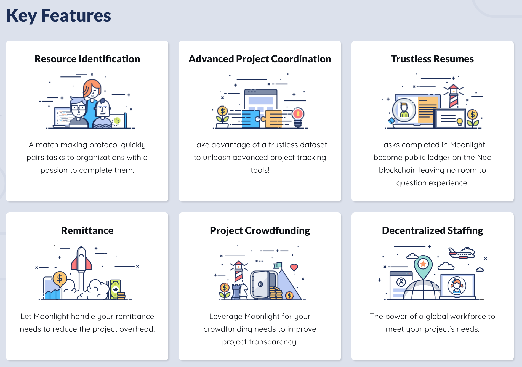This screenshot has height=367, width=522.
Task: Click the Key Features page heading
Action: pyautogui.click(x=58, y=15)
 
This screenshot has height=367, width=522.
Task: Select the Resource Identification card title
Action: pyautogui.click(x=87, y=59)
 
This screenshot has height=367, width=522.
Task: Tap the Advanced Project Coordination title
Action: pyautogui.click(x=260, y=59)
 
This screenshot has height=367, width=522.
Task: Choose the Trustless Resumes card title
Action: pyautogui.click(x=432, y=59)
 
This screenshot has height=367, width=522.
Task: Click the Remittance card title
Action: pyautogui.click(x=87, y=230)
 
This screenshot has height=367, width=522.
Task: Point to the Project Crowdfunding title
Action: pyautogui.click(x=260, y=231)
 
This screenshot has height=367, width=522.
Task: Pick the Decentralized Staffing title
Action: pyautogui.click(x=432, y=230)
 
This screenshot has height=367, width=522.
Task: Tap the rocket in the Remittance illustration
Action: pyautogui.click(x=81, y=259)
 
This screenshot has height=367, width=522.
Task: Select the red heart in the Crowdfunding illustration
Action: pyautogui.click(x=294, y=267)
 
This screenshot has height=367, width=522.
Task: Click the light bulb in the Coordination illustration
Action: pyautogui.click(x=298, y=117)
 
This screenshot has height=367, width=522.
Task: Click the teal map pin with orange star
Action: pyautogui.click(x=423, y=267)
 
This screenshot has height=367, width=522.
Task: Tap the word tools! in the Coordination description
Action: pyautogui.click(x=260, y=170)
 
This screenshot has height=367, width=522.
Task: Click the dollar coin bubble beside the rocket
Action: pyautogui.click(x=60, y=278)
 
